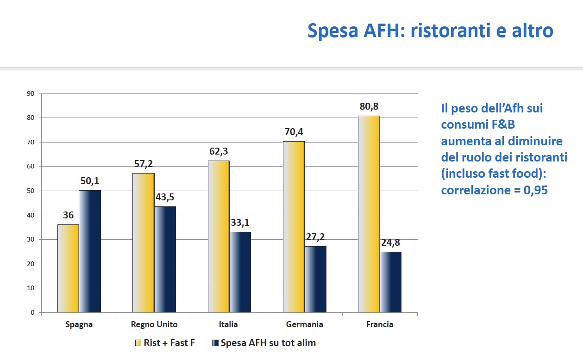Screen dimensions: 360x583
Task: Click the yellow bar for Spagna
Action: (x=68, y=268)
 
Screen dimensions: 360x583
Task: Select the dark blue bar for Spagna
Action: (x=89, y=251)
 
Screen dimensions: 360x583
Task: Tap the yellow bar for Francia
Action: (x=369, y=214)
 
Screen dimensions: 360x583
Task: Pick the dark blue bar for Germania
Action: (x=315, y=279)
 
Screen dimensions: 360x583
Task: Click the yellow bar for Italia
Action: (x=219, y=236)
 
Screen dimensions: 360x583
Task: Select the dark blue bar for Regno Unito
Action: (x=165, y=259)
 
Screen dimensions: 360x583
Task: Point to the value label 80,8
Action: (x=369, y=107)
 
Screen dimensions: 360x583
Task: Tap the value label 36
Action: (x=68, y=216)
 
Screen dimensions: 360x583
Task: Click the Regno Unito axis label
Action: (x=154, y=324)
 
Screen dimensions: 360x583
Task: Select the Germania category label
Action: (x=305, y=324)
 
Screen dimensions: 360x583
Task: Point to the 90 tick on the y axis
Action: (x=31, y=93)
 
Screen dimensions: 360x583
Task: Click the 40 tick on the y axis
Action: (x=31, y=215)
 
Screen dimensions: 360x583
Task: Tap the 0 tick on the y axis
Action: (x=33, y=312)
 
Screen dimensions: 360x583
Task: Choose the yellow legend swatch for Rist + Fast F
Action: (x=138, y=343)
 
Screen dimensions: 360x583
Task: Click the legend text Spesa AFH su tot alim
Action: (x=268, y=343)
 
